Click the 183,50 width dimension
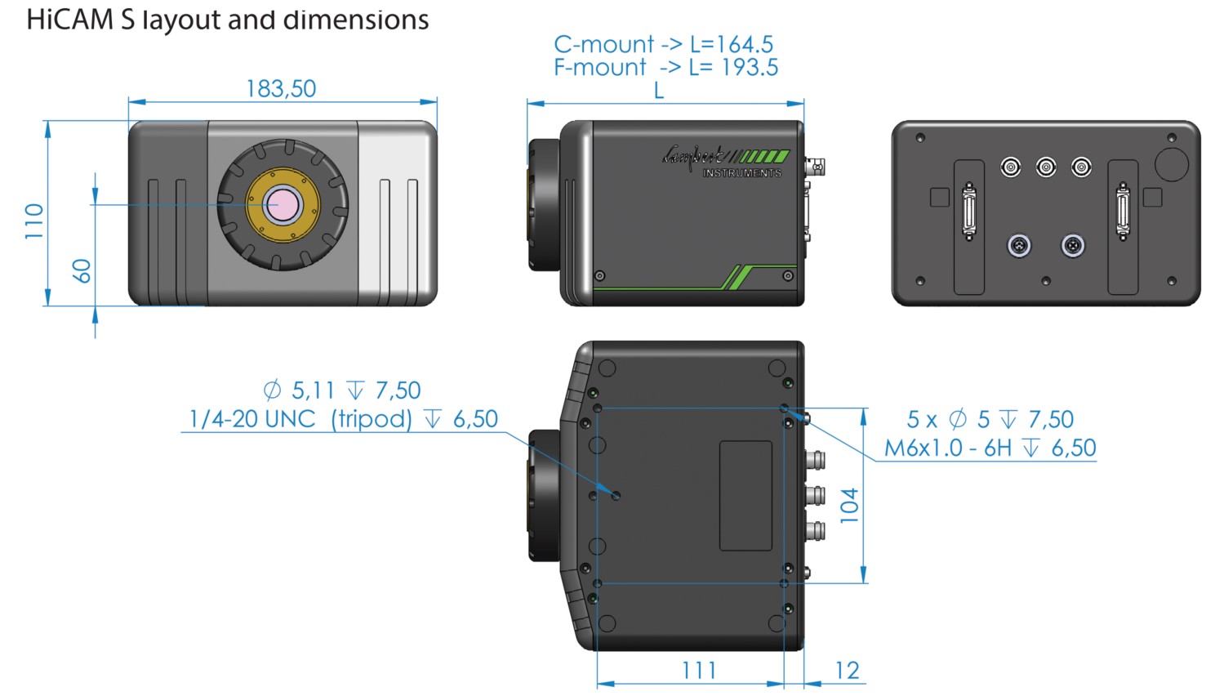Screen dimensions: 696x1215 pos(281,88)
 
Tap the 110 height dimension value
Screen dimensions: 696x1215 pos(33,221)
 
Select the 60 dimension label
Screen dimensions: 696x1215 pos(82,270)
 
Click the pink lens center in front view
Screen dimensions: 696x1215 pos(283,204)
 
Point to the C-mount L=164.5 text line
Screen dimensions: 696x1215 pos(663,44)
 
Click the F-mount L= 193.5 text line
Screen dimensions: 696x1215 pos(665,67)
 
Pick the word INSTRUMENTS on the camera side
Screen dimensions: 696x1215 pos(741,173)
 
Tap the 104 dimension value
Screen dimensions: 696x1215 pos(850,505)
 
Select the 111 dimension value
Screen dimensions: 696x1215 pos(699,671)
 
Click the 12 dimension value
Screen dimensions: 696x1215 pos(847,671)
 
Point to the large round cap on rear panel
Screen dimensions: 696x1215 pos(1172,163)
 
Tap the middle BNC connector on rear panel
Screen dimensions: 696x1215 pos(1046,167)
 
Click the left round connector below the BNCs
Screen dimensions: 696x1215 pos(1018,245)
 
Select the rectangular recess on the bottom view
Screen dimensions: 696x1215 pos(745,496)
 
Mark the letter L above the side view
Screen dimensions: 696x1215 pos(659,91)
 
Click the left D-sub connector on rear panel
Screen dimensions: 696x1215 pos(969,212)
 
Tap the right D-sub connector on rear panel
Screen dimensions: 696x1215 pos(1123,212)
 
